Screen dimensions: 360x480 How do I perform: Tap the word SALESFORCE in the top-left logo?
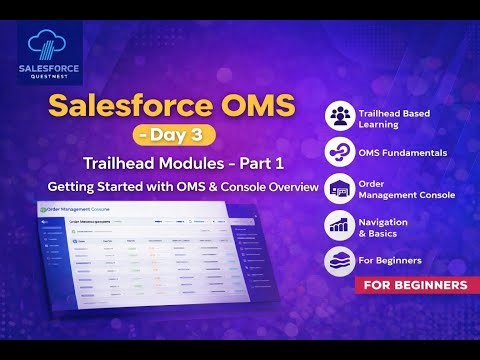pos(49,70)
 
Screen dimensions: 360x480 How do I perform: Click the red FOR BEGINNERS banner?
pos(411,286)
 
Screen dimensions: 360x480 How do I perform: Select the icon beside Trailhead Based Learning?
pos(341,116)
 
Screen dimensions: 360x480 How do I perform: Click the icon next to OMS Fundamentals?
pos(341,152)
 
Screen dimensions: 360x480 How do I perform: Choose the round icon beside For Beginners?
pos(341,261)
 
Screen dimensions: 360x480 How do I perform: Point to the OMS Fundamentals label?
pos(406,152)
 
